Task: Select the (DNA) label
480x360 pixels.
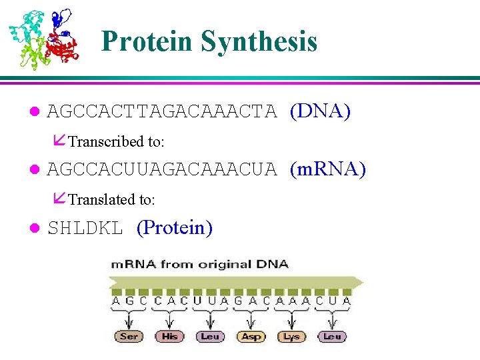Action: [x=320, y=111]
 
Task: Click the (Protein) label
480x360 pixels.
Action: [x=175, y=228]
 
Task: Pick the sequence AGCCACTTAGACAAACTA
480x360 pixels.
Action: [x=162, y=111]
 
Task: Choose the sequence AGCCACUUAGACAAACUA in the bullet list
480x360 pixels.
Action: [x=162, y=170]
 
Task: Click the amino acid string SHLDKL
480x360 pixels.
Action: [x=85, y=229]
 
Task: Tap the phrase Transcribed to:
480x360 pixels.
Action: [x=117, y=141]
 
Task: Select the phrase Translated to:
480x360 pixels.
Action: [x=112, y=199]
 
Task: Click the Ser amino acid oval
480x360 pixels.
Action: [x=129, y=337]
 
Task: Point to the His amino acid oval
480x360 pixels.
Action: [x=169, y=337]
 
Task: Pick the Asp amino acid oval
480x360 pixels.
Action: [x=251, y=337]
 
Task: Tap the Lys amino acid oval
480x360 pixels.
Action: [x=291, y=337]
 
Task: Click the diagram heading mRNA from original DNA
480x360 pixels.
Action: [x=199, y=264]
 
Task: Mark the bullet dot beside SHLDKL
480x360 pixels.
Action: [x=35, y=229]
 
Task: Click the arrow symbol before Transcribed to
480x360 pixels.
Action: [x=59, y=141]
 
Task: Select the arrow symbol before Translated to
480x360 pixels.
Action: [x=59, y=199]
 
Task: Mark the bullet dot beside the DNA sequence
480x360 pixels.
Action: [x=35, y=111]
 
